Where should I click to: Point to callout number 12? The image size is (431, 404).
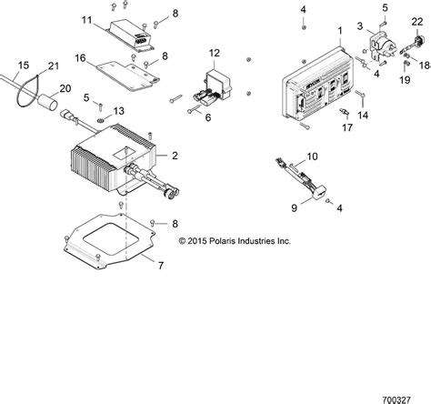[214, 52]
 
